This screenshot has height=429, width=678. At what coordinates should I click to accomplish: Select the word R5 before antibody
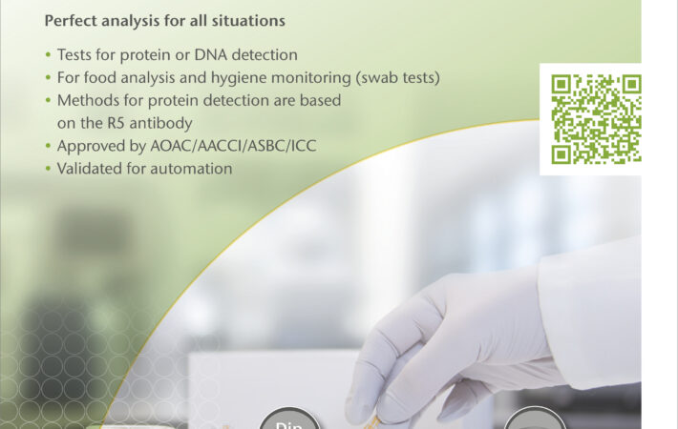[117, 123]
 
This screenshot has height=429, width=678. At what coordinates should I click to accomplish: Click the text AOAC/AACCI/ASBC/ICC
[233, 146]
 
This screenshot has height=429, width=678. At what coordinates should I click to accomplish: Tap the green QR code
[596, 119]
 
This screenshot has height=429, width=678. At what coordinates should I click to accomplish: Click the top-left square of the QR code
[561, 85]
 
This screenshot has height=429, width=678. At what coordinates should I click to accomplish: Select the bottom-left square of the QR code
[561, 154]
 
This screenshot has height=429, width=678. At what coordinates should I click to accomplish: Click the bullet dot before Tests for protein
[48, 54]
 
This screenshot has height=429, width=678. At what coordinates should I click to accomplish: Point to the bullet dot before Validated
[48, 169]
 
